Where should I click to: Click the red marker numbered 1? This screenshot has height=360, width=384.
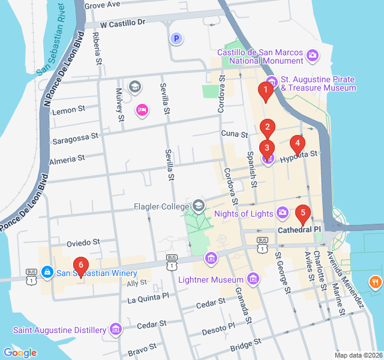(x=263, y=91)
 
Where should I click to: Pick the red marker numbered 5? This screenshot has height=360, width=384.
(x=303, y=212)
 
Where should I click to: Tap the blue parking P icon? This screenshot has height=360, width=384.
(x=176, y=39)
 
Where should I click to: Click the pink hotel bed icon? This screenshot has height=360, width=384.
(x=142, y=110)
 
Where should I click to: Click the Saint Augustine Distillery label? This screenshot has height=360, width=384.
(x=59, y=329)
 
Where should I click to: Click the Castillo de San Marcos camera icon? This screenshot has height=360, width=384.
(x=313, y=56)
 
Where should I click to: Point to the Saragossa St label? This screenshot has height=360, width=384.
(x=75, y=137)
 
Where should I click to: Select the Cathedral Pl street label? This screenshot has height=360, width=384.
(x=299, y=230)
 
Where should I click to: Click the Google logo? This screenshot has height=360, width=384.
(x=20, y=353)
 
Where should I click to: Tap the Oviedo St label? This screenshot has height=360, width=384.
(x=83, y=243)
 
